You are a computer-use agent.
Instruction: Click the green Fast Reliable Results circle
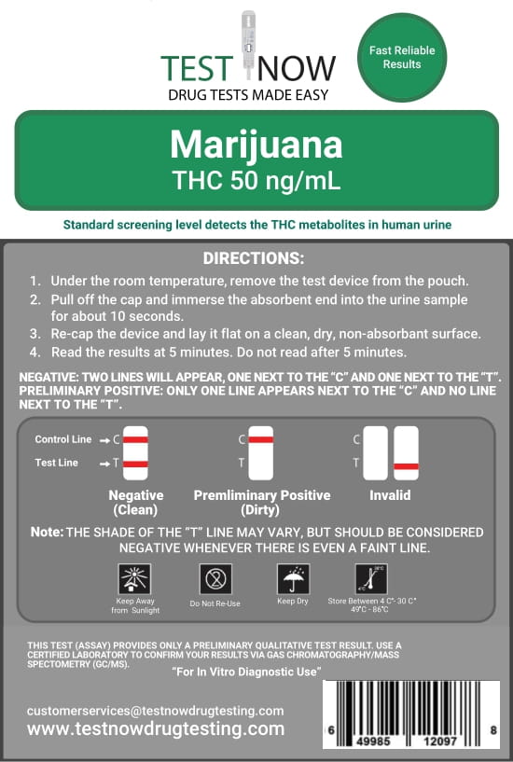tap(402, 57)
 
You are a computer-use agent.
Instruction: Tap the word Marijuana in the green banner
tap(256, 145)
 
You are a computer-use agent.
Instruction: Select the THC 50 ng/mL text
tap(256, 180)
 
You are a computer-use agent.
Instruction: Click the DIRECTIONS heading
tap(254, 258)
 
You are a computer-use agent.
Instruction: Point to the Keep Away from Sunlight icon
tap(134, 579)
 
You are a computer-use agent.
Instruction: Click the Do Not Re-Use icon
tap(215, 579)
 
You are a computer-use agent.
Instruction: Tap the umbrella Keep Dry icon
tap(293, 579)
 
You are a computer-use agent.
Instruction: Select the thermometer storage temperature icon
tap(371, 579)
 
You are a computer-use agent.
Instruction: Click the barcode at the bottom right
tap(411, 714)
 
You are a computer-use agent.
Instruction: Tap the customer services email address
tap(156, 711)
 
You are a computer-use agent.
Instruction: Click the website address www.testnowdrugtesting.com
tap(156, 729)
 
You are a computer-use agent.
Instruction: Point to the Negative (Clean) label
tap(135, 503)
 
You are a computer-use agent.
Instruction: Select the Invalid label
tap(390, 495)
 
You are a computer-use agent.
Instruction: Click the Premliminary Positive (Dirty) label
tap(262, 503)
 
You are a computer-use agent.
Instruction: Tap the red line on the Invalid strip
tap(406, 466)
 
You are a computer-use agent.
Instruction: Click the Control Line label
tap(63, 439)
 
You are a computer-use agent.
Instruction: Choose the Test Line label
tap(56, 463)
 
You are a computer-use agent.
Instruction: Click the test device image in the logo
tap(248, 45)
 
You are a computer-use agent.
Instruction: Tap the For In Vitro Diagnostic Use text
tap(247, 672)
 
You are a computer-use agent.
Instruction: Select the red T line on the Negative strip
tap(135, 464)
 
